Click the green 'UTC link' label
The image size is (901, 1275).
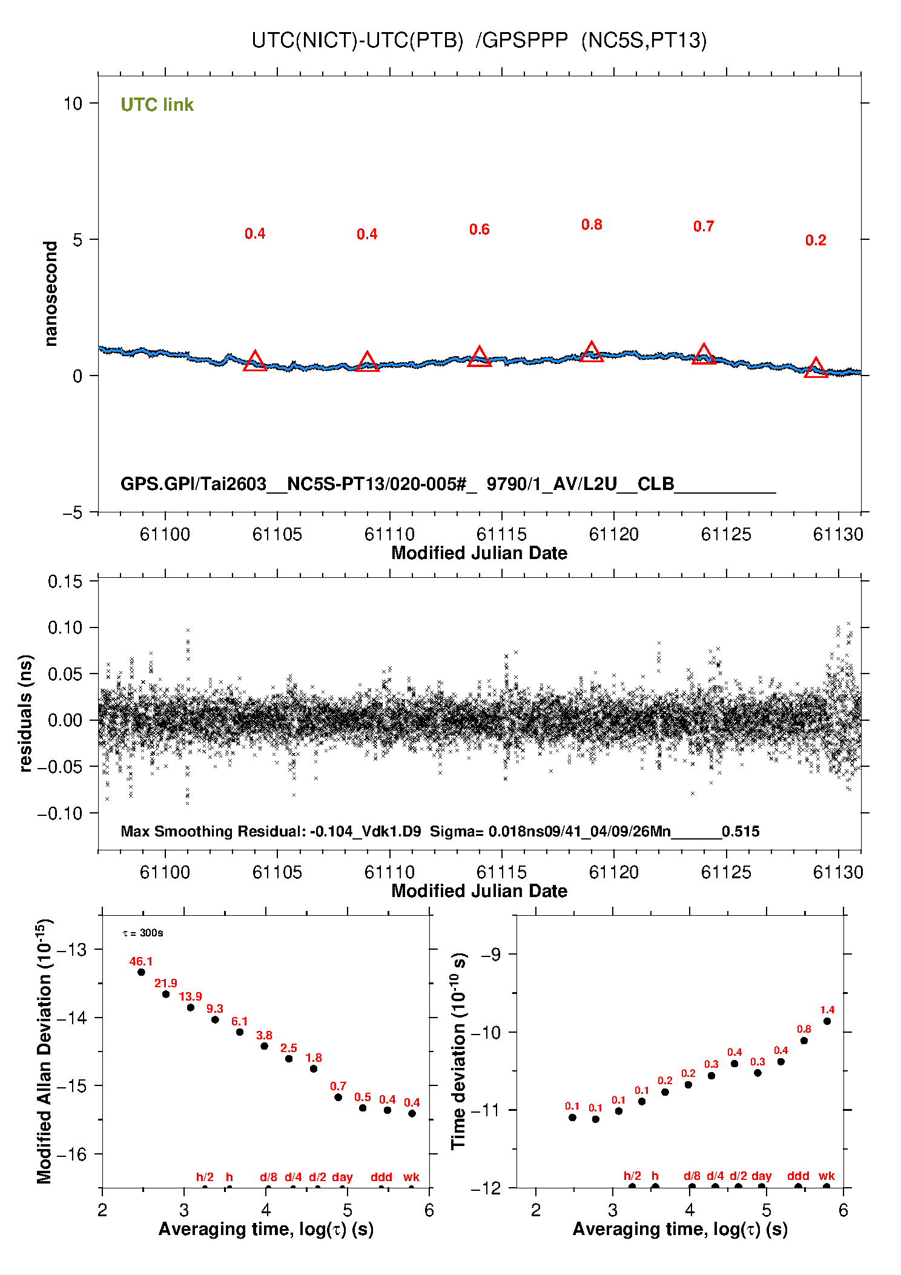pyautogui.click(x=157, y=105)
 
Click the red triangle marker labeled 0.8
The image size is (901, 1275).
pyautogui.click(x=592, y=353)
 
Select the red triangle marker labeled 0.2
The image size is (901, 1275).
pyautogui.click(x=816, y=368)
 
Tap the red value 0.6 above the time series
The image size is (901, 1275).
pyautogui.click(x=479, y=230)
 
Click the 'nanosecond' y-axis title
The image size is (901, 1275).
pyautogui.click(x=51, y=294)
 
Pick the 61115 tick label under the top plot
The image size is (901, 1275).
pyautogui.click(x=501, y=534)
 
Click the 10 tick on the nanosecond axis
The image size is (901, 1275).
pyautogui.click(x=73, y=104)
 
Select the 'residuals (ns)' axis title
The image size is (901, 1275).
pyautogui.click(x=25, y=714)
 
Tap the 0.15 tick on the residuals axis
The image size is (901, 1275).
pyautogui.click(x=65, y=582)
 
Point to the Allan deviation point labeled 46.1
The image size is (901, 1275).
pyautogui.click(x=141, y=972)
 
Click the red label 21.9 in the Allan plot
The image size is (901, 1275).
pyautogui.click(x=165, y=983)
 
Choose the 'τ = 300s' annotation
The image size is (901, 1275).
pyautogui.click(x=143, y=933)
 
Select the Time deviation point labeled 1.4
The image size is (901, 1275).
pyautogui.click(x=827, y=1021)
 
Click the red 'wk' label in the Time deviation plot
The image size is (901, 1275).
pyautogui.click(x=827, y=1176)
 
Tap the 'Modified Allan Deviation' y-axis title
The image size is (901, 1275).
pyautogui.click(x=44, y=1051)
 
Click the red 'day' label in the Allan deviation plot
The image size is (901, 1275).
pyautogui.click(x=342, y=1177)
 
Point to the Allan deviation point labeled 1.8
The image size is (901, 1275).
pyautogui.click(x=314, y=1068)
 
